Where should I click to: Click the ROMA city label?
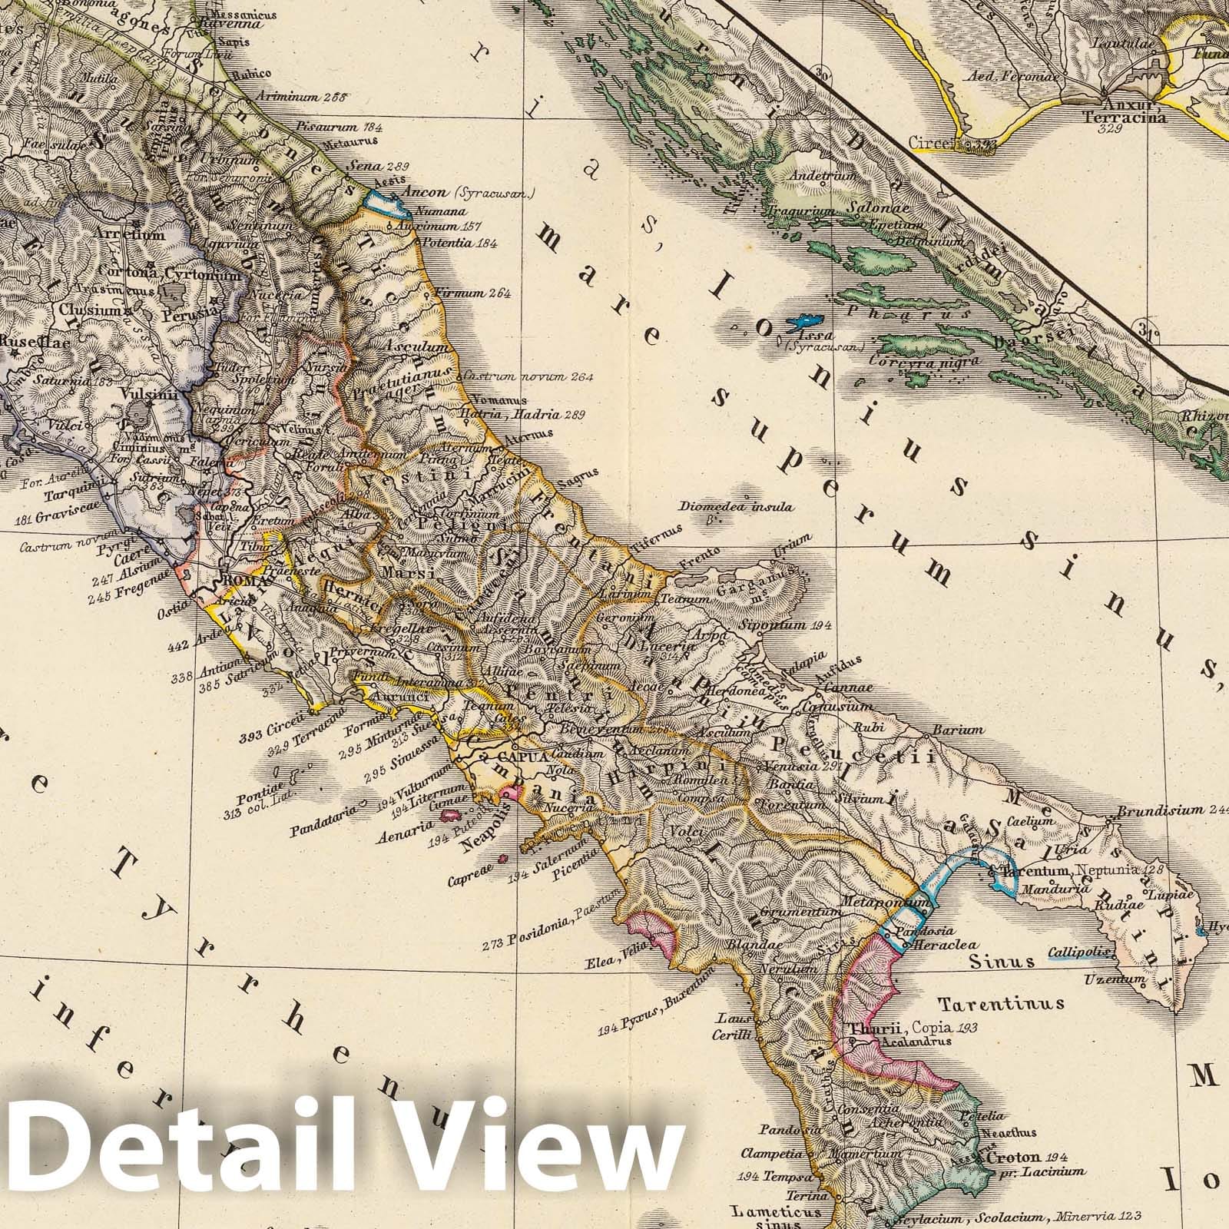pos(239,581)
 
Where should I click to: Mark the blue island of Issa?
pos(807,321)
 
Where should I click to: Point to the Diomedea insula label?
pos(735,508)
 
